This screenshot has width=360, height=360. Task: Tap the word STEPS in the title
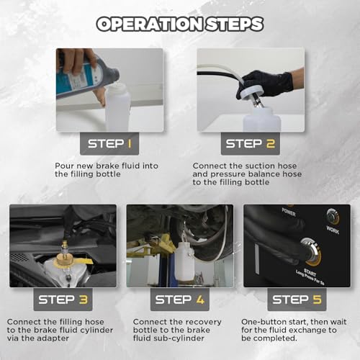point(235,24)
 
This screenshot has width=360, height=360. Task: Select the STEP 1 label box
point(109,144)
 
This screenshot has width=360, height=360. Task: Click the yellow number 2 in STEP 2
point(271,144)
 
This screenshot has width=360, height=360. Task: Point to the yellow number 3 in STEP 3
point(84,300)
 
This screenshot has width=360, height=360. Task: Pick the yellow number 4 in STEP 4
point(200,300)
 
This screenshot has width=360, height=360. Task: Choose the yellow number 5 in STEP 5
point(317,300)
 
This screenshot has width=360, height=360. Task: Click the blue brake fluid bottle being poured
point(87,77)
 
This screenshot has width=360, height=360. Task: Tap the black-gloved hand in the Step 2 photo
point(265,85)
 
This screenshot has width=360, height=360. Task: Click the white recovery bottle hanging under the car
point(184,261)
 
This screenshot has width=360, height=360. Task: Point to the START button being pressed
point(311,251)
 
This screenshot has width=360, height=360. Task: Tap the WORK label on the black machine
point(333,230)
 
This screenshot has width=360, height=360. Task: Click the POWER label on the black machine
point(289,212)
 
